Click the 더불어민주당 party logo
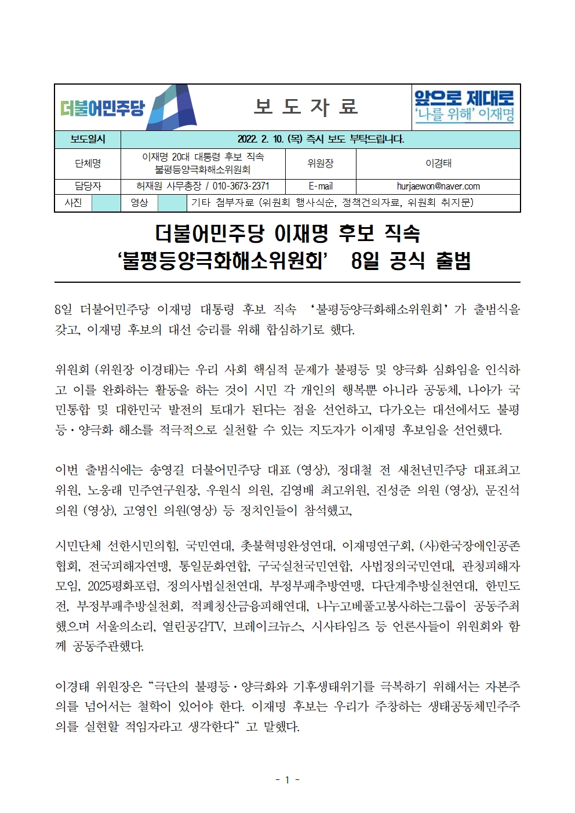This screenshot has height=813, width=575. [128, 108]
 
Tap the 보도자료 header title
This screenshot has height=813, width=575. [306, 107]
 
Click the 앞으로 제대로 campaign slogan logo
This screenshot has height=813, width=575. [464, 105]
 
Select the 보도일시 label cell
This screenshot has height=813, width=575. [88, 139]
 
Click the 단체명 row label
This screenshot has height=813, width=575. [88, 163]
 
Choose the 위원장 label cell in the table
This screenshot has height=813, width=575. [320, 163]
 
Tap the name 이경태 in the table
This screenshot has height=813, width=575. [438, 163]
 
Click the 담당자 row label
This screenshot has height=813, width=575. [88, 186]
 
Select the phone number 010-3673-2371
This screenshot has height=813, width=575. [241, 186]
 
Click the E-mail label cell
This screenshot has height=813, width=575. [320, 186]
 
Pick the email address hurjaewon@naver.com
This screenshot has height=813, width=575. [438, 186]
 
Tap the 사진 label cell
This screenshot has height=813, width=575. [73, 202]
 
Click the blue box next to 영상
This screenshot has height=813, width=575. [172, 203]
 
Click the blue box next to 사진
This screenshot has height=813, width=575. [105, 203]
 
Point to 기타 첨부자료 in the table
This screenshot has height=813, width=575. [223, 202]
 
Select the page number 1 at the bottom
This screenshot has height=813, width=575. [287, 780]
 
